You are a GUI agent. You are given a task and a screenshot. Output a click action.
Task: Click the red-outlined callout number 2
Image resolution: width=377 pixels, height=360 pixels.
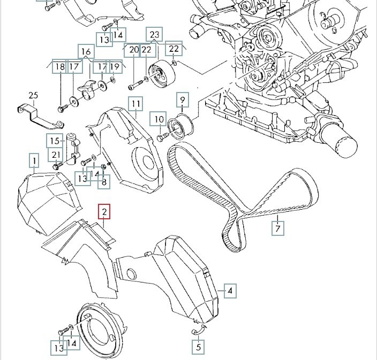point(104,212)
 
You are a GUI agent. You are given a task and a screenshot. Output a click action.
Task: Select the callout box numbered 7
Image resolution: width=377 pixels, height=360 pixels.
point(277,228)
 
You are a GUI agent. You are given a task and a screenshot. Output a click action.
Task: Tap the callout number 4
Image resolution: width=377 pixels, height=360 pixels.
point(230,291)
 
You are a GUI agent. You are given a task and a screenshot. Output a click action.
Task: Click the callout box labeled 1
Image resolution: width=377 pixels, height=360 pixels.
point(34,160)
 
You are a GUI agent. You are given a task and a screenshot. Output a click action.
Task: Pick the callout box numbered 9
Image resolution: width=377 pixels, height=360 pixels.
point(182,99)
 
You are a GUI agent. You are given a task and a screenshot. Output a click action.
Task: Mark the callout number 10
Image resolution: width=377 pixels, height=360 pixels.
point(159,119)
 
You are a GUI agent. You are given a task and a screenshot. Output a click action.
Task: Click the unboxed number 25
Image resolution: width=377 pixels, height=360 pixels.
point(33,96)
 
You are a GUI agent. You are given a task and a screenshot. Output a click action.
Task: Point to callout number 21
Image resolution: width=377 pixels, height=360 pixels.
point(55,155)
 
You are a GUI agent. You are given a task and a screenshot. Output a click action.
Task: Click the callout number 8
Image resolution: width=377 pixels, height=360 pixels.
point(103,182)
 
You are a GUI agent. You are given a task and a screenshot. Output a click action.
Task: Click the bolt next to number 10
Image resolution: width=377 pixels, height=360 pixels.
point(160,138)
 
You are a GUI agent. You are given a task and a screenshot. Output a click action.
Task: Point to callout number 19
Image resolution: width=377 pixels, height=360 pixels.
point(115,66)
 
